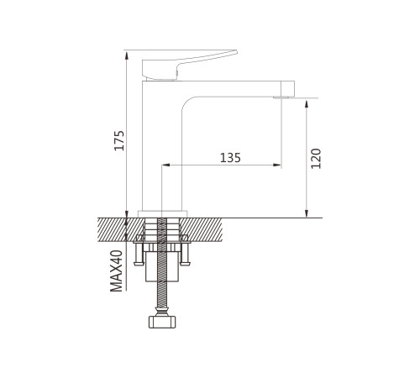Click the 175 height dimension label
pyautogui.click(x=119, y=140)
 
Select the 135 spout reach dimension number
pyautogui.click(x=230, y=158)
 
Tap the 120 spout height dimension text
pyautogui.click(x=316, y=159)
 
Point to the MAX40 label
pyautogui.click(x=117, y=270)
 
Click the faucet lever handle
pyautogui.click(x=185, y=66)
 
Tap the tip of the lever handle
pyautogui.click(x=236, y=52)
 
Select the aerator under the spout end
pyautogui.click(x=282, y=97)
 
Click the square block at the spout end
pyautogui.click(x=288, y=88)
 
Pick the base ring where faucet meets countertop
pyautogui.click(x=163, y=213)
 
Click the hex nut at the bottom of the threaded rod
pyautogui.click(x=162, y=322)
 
